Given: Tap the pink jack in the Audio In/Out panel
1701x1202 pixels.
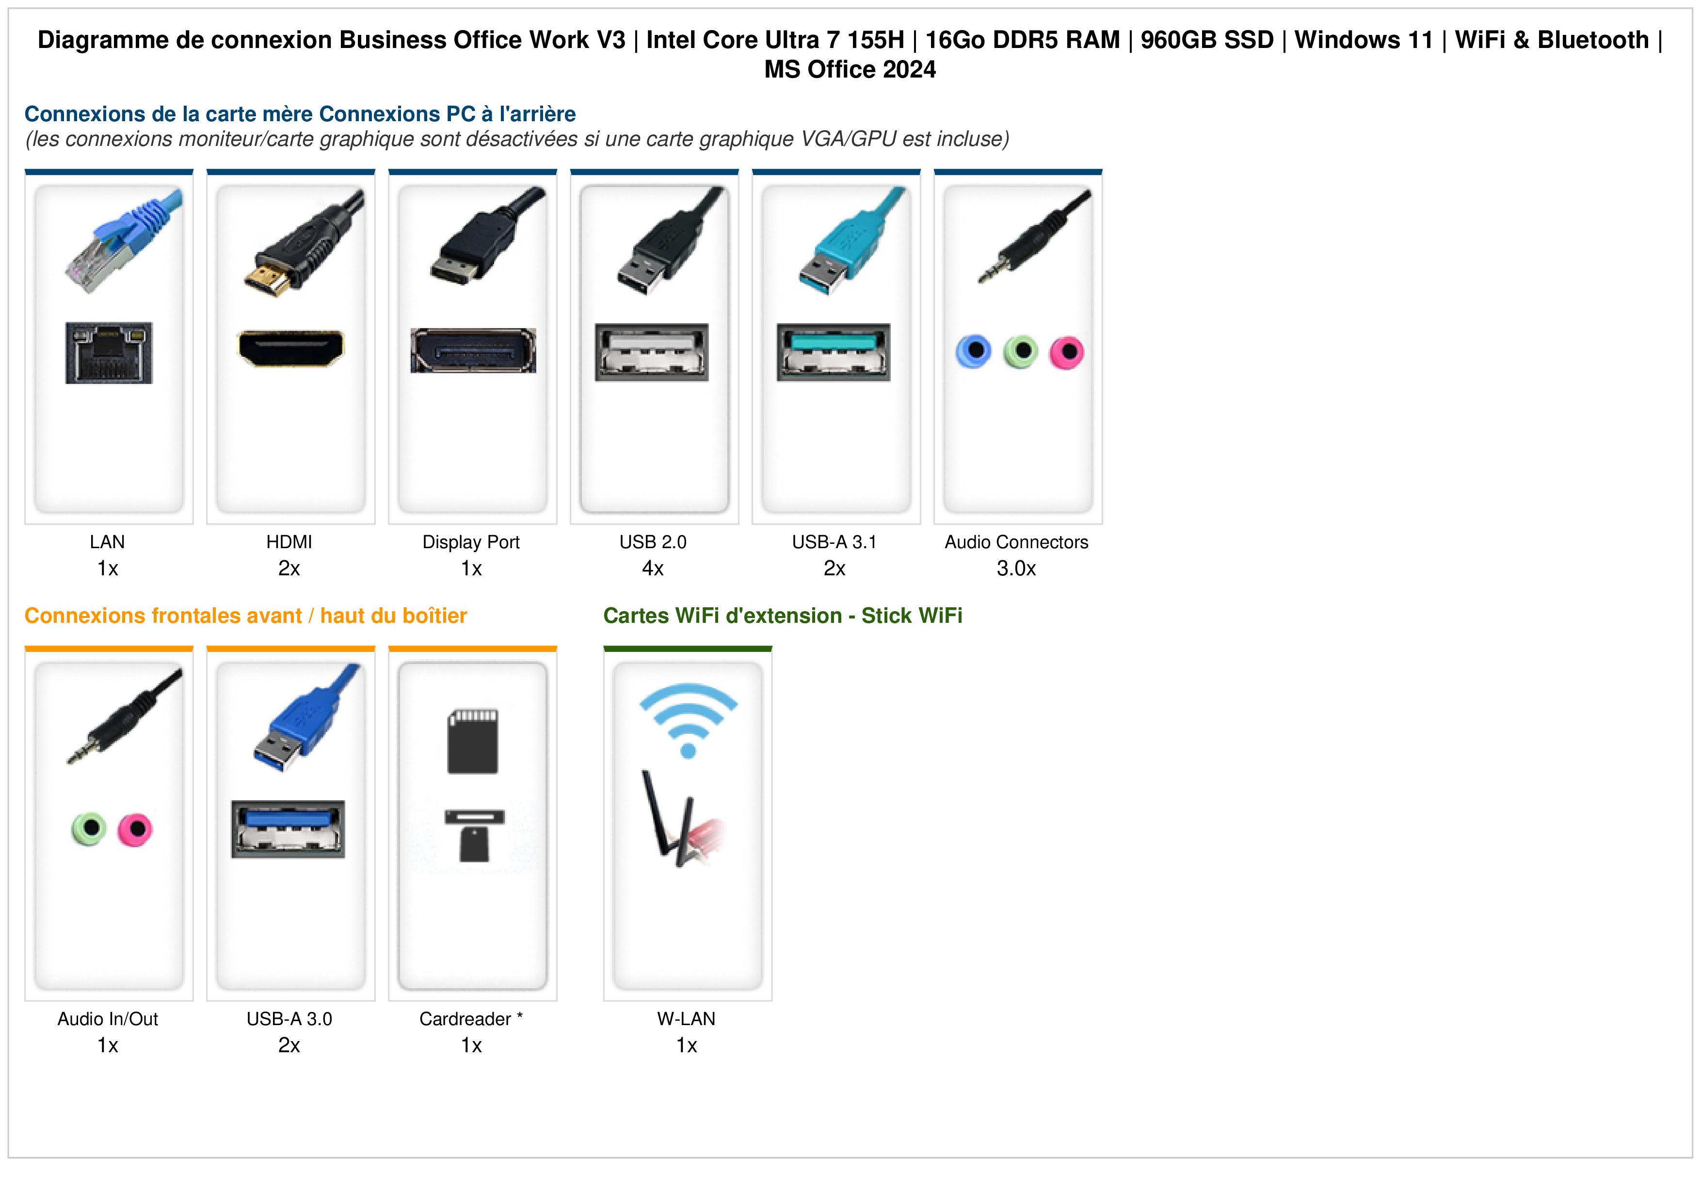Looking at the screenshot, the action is pos(135,829).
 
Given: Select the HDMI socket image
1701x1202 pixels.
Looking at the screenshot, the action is pos(290,348).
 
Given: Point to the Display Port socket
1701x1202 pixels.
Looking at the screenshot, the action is pos(473,350).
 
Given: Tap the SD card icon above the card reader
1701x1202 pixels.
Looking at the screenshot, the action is pos(473,742).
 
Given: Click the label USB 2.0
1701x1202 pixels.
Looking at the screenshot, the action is pos(653,542).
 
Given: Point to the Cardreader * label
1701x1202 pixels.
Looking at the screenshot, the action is pos(471,1019).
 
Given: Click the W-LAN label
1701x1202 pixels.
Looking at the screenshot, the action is pos(687,1019).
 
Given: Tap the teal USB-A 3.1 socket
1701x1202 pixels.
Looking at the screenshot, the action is pos(834,352).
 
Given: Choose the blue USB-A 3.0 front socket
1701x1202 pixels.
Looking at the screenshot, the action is pos(288,829).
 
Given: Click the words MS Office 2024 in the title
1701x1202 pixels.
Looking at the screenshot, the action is pos(850,70).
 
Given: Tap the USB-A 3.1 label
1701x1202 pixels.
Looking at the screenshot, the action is pos(834,542).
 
